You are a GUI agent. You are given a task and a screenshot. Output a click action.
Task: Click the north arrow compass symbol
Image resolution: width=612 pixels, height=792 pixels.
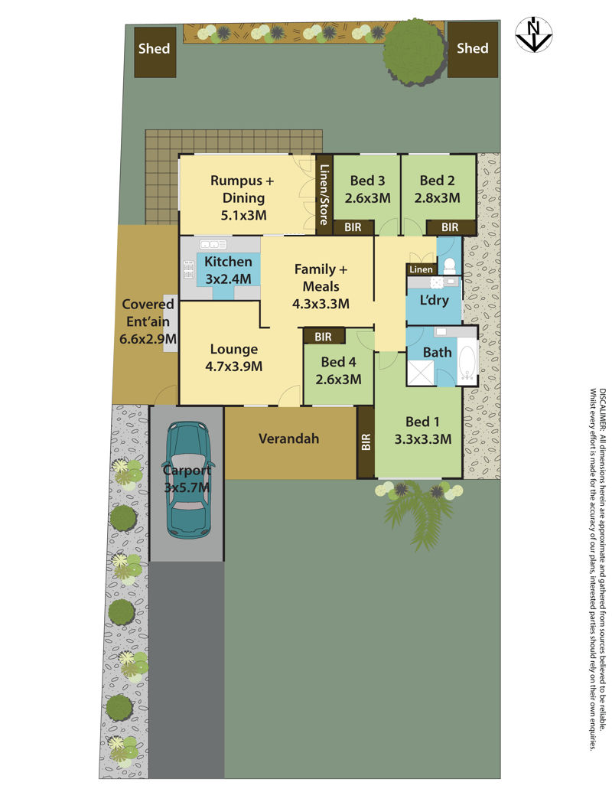point(533,35)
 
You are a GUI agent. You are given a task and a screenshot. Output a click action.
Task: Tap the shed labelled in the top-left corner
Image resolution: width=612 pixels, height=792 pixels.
point(155,52)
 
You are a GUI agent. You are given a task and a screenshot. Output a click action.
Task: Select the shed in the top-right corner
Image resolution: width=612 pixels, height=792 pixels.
point(473,50)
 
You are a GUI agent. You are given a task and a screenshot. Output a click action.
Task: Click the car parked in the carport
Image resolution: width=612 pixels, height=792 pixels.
point(188,479)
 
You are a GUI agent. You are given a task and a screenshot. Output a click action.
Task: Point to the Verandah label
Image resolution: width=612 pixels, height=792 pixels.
point(289,438)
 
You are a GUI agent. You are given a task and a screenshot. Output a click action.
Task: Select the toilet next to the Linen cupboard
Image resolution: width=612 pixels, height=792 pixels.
point(448,265)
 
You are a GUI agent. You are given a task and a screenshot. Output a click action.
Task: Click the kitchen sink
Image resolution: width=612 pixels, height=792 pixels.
point(213,245)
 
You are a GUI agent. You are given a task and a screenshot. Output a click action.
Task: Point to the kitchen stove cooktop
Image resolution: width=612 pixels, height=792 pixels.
point(189,269)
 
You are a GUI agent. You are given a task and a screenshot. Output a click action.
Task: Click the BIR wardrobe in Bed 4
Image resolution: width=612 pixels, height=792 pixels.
point(323,337)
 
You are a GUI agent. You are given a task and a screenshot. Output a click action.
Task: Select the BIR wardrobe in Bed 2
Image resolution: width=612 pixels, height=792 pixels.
point(451,227)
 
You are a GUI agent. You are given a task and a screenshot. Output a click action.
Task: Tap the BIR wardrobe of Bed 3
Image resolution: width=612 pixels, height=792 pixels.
point(353,227)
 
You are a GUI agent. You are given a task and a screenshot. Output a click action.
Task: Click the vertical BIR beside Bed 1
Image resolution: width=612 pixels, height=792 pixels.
point(366,442)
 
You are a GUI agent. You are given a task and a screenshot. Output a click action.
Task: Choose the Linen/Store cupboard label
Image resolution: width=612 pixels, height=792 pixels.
point(324,194)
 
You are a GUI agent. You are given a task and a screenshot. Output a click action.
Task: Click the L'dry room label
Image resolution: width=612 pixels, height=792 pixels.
point(435,300)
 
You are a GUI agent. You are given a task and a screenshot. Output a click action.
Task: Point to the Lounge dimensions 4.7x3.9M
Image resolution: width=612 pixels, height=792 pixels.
point(234,367)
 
